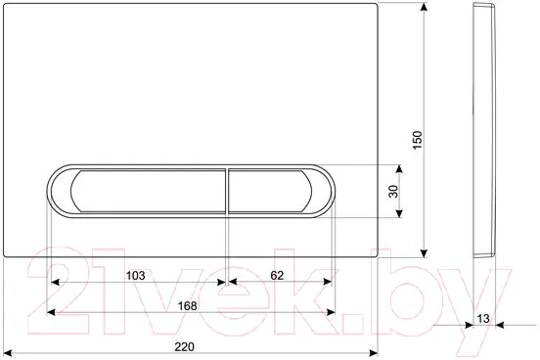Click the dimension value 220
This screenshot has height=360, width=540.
(184, 346)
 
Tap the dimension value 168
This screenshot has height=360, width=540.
(187, 305)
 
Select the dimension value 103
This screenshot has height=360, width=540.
(135, 276)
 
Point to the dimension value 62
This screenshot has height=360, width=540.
(277, 275)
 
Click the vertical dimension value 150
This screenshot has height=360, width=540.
(417, 140)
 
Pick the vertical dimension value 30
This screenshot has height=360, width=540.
(393, 191)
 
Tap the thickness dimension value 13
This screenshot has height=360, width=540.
(483, 319)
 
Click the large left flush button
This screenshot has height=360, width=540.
(148, 191)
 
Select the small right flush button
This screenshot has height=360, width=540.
(270, 191)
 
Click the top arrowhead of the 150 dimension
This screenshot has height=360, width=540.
(425, 7)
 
